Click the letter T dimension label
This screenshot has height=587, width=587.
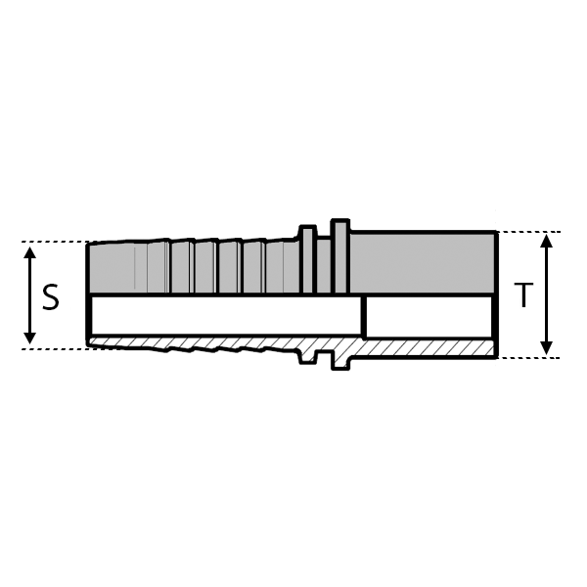click(x=524, y=294)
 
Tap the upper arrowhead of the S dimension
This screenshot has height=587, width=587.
click(x=30, y=252)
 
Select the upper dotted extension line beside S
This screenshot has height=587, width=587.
click(x=54, y=242)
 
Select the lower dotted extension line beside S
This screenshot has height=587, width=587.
click(x=54, y=347)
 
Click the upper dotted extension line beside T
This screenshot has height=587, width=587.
click(x=528, y=232)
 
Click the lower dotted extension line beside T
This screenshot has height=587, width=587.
click(x=528, y=357)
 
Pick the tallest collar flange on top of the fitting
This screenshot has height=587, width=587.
click(x=339, y=256)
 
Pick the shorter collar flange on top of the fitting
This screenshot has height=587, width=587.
click(x=307, y=260)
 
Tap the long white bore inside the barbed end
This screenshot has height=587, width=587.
click(x=225, y=316)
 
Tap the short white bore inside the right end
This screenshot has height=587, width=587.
click(x=429, y=316)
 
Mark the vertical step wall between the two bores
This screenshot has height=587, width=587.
click(x=364, y=316)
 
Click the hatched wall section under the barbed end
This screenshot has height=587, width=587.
click(x=196, y=344)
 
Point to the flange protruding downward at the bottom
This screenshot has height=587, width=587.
click(x=339, y=361)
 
